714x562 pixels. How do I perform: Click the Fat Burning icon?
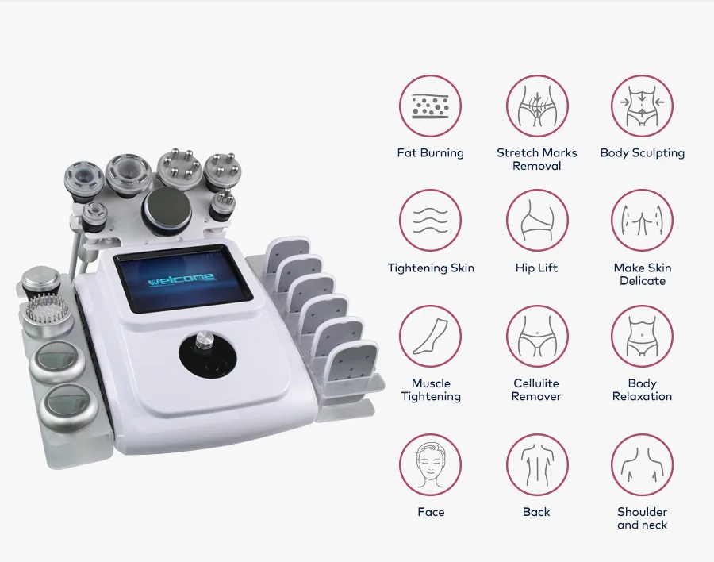click(x=431, y=106)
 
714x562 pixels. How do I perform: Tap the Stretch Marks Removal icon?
click(x=537, y=106)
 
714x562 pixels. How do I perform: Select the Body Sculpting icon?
click(x=642, y=106)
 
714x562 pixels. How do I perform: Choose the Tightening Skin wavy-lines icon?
click(x=431, y=221)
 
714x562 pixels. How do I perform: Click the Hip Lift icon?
click(x=537, y=221)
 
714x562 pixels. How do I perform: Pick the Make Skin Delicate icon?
click(x=642, y=221)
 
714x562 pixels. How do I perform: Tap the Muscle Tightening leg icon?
click(x=431, y=336)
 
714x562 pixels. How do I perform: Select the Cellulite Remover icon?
click(x=537, y=336)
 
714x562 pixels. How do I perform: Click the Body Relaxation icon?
click(x=642, y=336)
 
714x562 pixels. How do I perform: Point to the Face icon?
click(x=431, y=464)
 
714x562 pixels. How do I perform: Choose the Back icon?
click(x=537, y=464)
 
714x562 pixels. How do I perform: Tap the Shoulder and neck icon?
click(x=642, y=464)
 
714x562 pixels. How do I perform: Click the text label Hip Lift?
click(x=537, y=268)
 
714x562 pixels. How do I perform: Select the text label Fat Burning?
click(x=431, y=153)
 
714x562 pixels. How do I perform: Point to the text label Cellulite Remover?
click(x=537, y=390)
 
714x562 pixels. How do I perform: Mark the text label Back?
click(x=537, y=512)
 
